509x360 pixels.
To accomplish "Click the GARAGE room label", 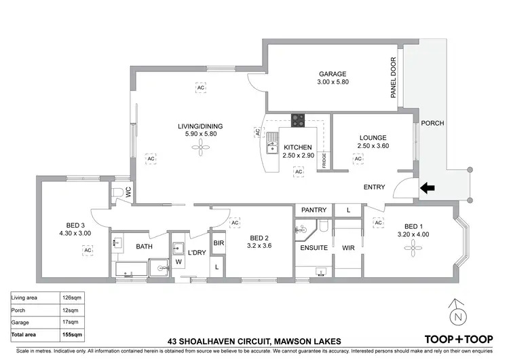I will [x=333, y=74].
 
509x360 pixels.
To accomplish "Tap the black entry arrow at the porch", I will [x=427, y=187].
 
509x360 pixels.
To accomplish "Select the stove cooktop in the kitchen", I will [x=298, y=120].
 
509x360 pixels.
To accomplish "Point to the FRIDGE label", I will [x=324, y=160].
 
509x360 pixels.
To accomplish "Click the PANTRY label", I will [x=314, y=210].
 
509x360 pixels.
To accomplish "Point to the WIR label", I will [x=349, y=248].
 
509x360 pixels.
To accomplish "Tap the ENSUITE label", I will [x=314, y=248].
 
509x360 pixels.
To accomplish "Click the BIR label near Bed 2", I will [x=219, y=242].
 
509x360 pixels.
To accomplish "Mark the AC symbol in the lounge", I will [x=358, y=159].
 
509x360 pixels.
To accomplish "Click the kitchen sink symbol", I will [x=273, y=143].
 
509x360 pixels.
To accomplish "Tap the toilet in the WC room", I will [x=119, y=192].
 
